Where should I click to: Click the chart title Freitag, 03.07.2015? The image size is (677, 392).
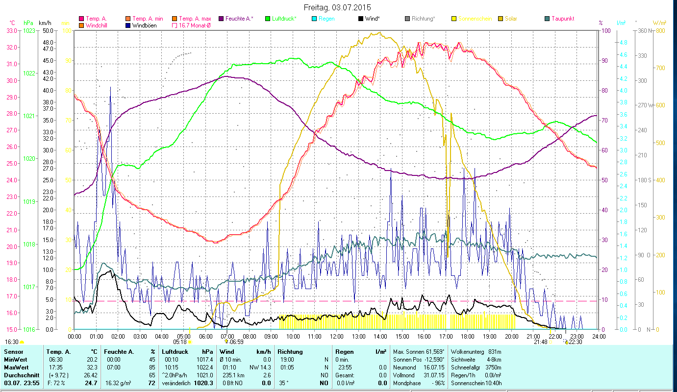pyautogui.click(x=338, y=7)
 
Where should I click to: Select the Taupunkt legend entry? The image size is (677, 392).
pyautogui.click(x=562, y=19)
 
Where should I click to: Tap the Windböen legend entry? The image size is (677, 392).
pyautogui.click(x=144, y=25)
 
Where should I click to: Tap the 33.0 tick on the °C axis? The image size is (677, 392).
pyautogui.click(x=11, y=30)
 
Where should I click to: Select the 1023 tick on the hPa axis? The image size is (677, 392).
pyautogui.click(x=29, y=30)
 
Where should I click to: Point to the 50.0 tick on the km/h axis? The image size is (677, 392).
pyautogui.click(x=48, y=30)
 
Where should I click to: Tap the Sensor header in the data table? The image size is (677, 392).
pyautogui.click(x=13, y=352)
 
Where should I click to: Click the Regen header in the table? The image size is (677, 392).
pyautogui.click(x=344, y=352)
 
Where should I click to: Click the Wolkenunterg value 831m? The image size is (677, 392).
pyautogui.click(x=492, y=352)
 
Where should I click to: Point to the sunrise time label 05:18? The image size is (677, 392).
pyautogui.click(x=180, y=342)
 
